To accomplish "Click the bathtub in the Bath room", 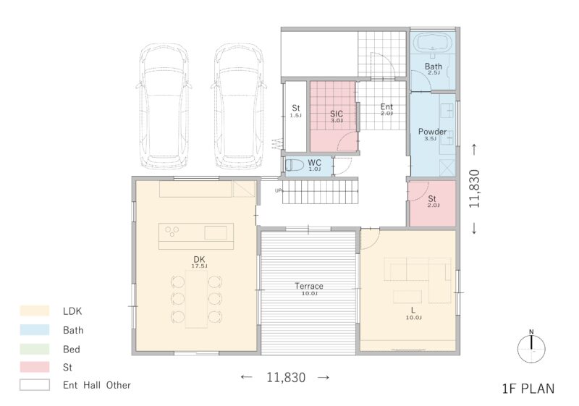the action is [432, 43].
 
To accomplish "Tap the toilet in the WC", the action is [295, 165].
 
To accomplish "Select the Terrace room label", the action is [309, 286].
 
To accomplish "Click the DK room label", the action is [199, 260].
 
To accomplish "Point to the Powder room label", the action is [432, 132].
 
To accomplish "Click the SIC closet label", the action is [337, 114].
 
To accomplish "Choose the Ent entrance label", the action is [386, 106].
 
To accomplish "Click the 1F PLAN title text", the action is [528, 389].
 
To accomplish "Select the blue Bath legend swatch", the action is [35, 329].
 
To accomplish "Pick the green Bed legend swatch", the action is [35, 349].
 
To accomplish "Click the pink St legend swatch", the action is [35, 367].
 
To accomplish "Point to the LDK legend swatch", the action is [35, 310].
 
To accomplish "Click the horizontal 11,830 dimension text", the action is [286, 377].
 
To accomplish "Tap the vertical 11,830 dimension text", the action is [474, 189].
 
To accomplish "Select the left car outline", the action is [164, 107].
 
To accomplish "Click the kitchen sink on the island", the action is [216, 232].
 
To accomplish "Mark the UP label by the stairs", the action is [279, 191].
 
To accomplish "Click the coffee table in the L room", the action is [407, 297].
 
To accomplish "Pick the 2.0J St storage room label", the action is [432, 200].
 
